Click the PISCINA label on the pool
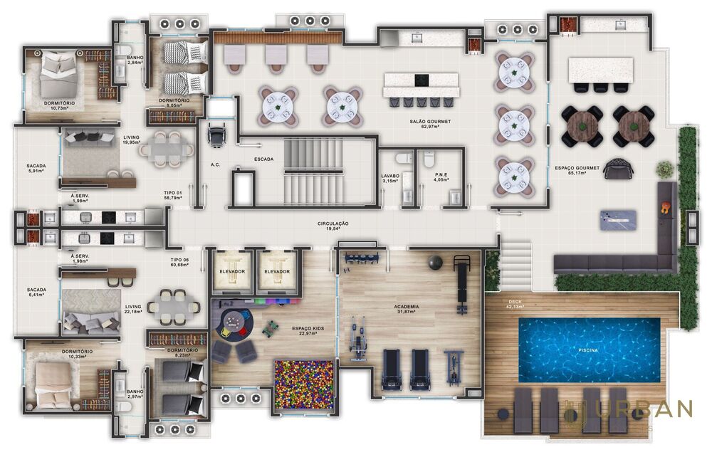[587, 351]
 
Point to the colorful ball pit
[305, 384]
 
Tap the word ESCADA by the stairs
[264, 159]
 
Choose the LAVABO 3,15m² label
[390, 177]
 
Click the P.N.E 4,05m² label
[431, 177]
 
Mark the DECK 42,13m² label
[513, 304]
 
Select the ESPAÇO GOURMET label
[577, 170]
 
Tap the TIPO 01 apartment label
[173, 196]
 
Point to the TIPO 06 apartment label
[179, 263]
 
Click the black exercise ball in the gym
[434, 263]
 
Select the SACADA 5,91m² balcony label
[36, 169]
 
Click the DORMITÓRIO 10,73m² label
[56, 105]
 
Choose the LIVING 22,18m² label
[132, 310]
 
